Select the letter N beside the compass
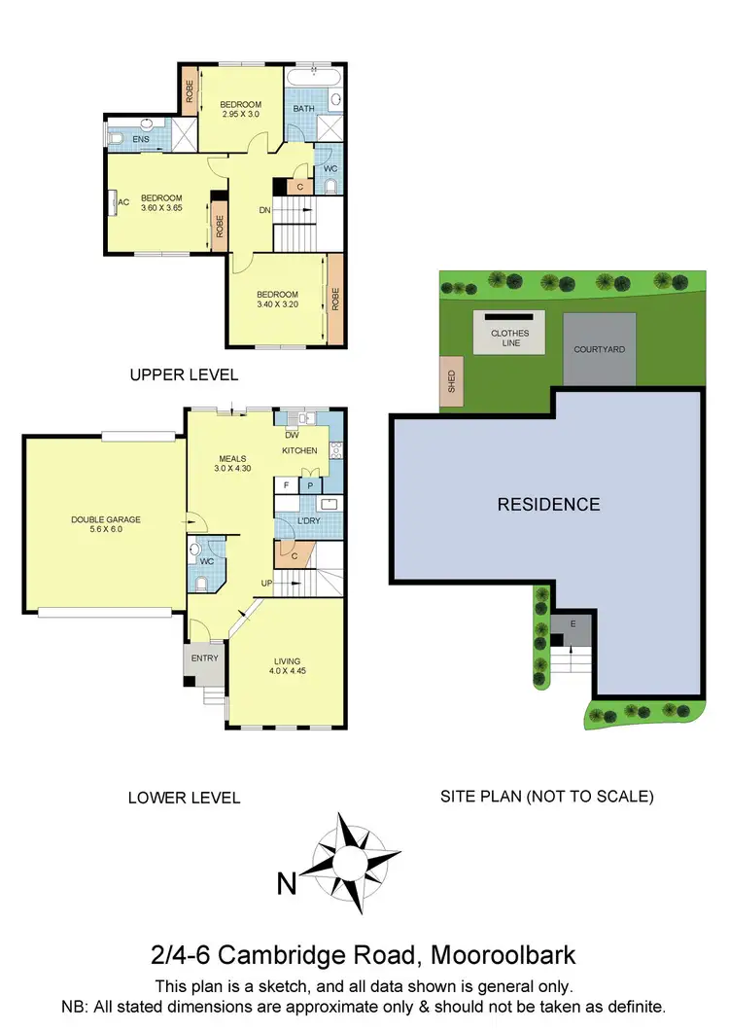(286, 884)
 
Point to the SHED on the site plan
(452, 380)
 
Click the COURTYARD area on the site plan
(599, 349)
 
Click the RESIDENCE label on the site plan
(548, 504)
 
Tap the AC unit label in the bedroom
(123, 202)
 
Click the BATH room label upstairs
(304, 109)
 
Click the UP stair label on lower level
(265, 583)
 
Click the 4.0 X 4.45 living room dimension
(287, 670)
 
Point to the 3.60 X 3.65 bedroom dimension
(161, 207)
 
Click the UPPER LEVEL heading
(185, 374)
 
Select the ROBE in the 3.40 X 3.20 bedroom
(336, 299)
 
